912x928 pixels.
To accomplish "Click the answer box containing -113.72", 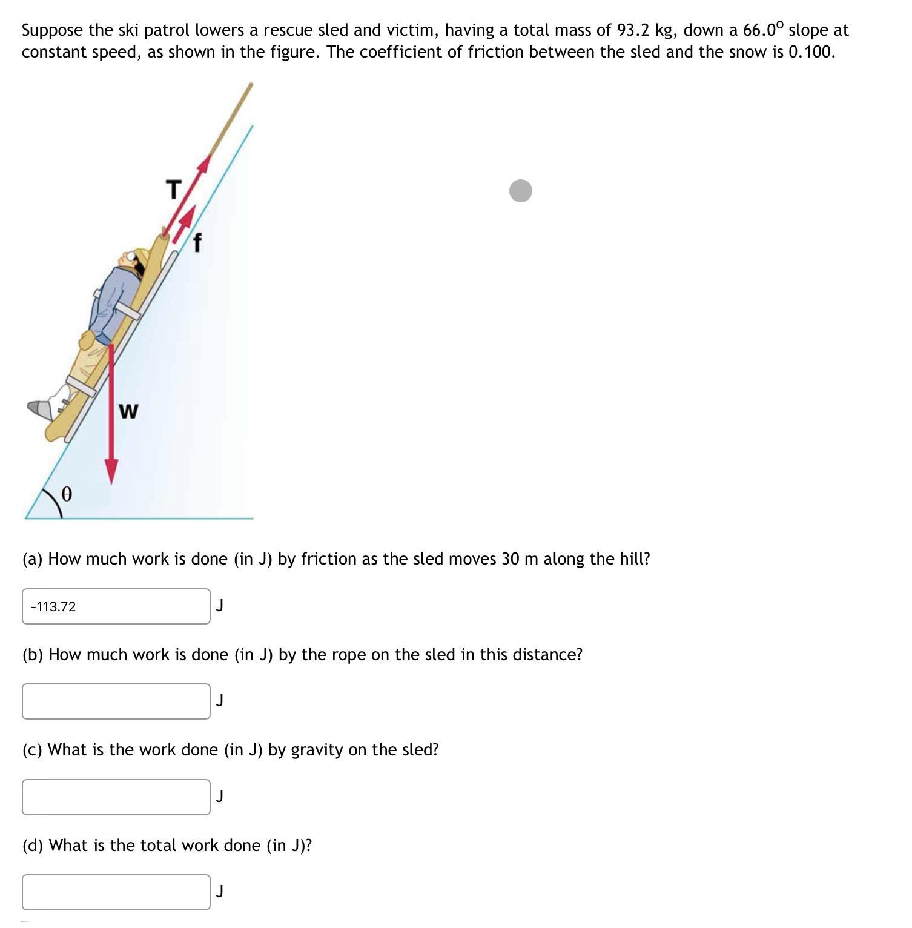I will click(116, 606).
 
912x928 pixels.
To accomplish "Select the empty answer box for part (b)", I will click(116, 701).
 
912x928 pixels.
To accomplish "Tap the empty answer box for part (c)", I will click(116, 797).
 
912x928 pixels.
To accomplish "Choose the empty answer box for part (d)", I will click(116, 892).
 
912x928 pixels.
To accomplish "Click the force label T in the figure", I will click(174, 190).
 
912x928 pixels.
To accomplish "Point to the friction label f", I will click(196, 243).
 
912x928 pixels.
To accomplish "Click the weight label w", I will click(128, 412).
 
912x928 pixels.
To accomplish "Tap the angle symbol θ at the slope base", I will click(67, 495).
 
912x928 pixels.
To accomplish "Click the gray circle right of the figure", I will click(520, 191).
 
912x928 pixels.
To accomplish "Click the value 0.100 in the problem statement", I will click(811, 52).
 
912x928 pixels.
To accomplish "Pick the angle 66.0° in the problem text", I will click(763, 30).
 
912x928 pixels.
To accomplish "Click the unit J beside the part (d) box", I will click(220, 891).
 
